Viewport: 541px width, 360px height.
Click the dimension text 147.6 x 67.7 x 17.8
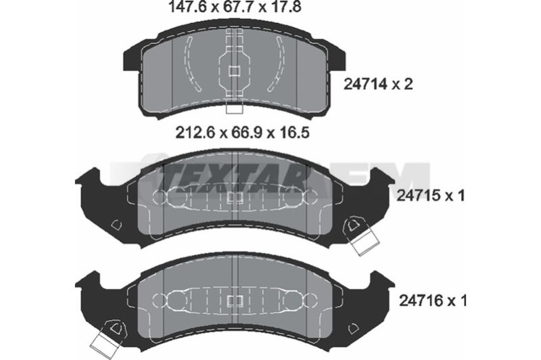coord(234,7)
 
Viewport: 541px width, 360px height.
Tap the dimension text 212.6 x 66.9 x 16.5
coord(243,133)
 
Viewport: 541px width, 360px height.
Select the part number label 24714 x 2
coord(378,84)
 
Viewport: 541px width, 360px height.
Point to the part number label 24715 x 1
coord(431,196)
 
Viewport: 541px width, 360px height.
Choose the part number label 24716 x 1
coord(433,300)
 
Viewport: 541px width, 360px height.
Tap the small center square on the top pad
coord(234,71)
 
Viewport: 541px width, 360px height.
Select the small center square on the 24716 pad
coord(235,301)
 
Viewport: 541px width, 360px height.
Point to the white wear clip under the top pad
coord(234,109)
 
